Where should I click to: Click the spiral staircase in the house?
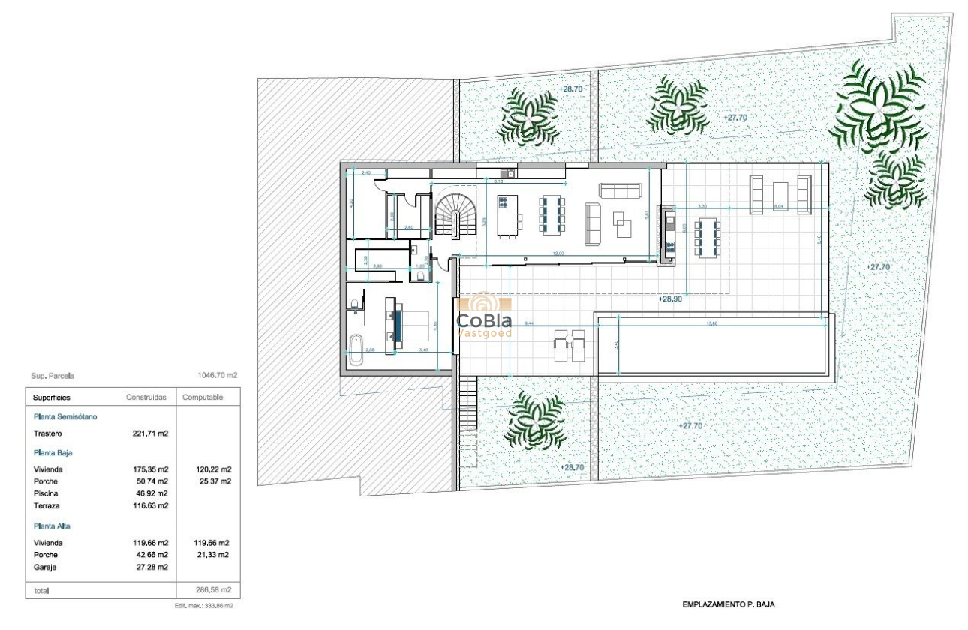click(x=452, y=214)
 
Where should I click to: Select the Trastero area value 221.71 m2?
click(x=150, y=433)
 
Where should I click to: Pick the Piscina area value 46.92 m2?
click(x=150, y=493)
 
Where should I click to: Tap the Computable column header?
click(x=203, y=397)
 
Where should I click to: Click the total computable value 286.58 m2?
click(x=213, y=590)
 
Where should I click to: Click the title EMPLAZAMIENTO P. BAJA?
click(x=723, y=604)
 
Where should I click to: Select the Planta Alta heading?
click(x=53, y=526)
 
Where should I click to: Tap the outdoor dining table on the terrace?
click(x=707, y=238)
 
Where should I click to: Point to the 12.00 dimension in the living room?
click(x=558, y=253)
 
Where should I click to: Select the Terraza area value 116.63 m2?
click(x=150, y=506)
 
